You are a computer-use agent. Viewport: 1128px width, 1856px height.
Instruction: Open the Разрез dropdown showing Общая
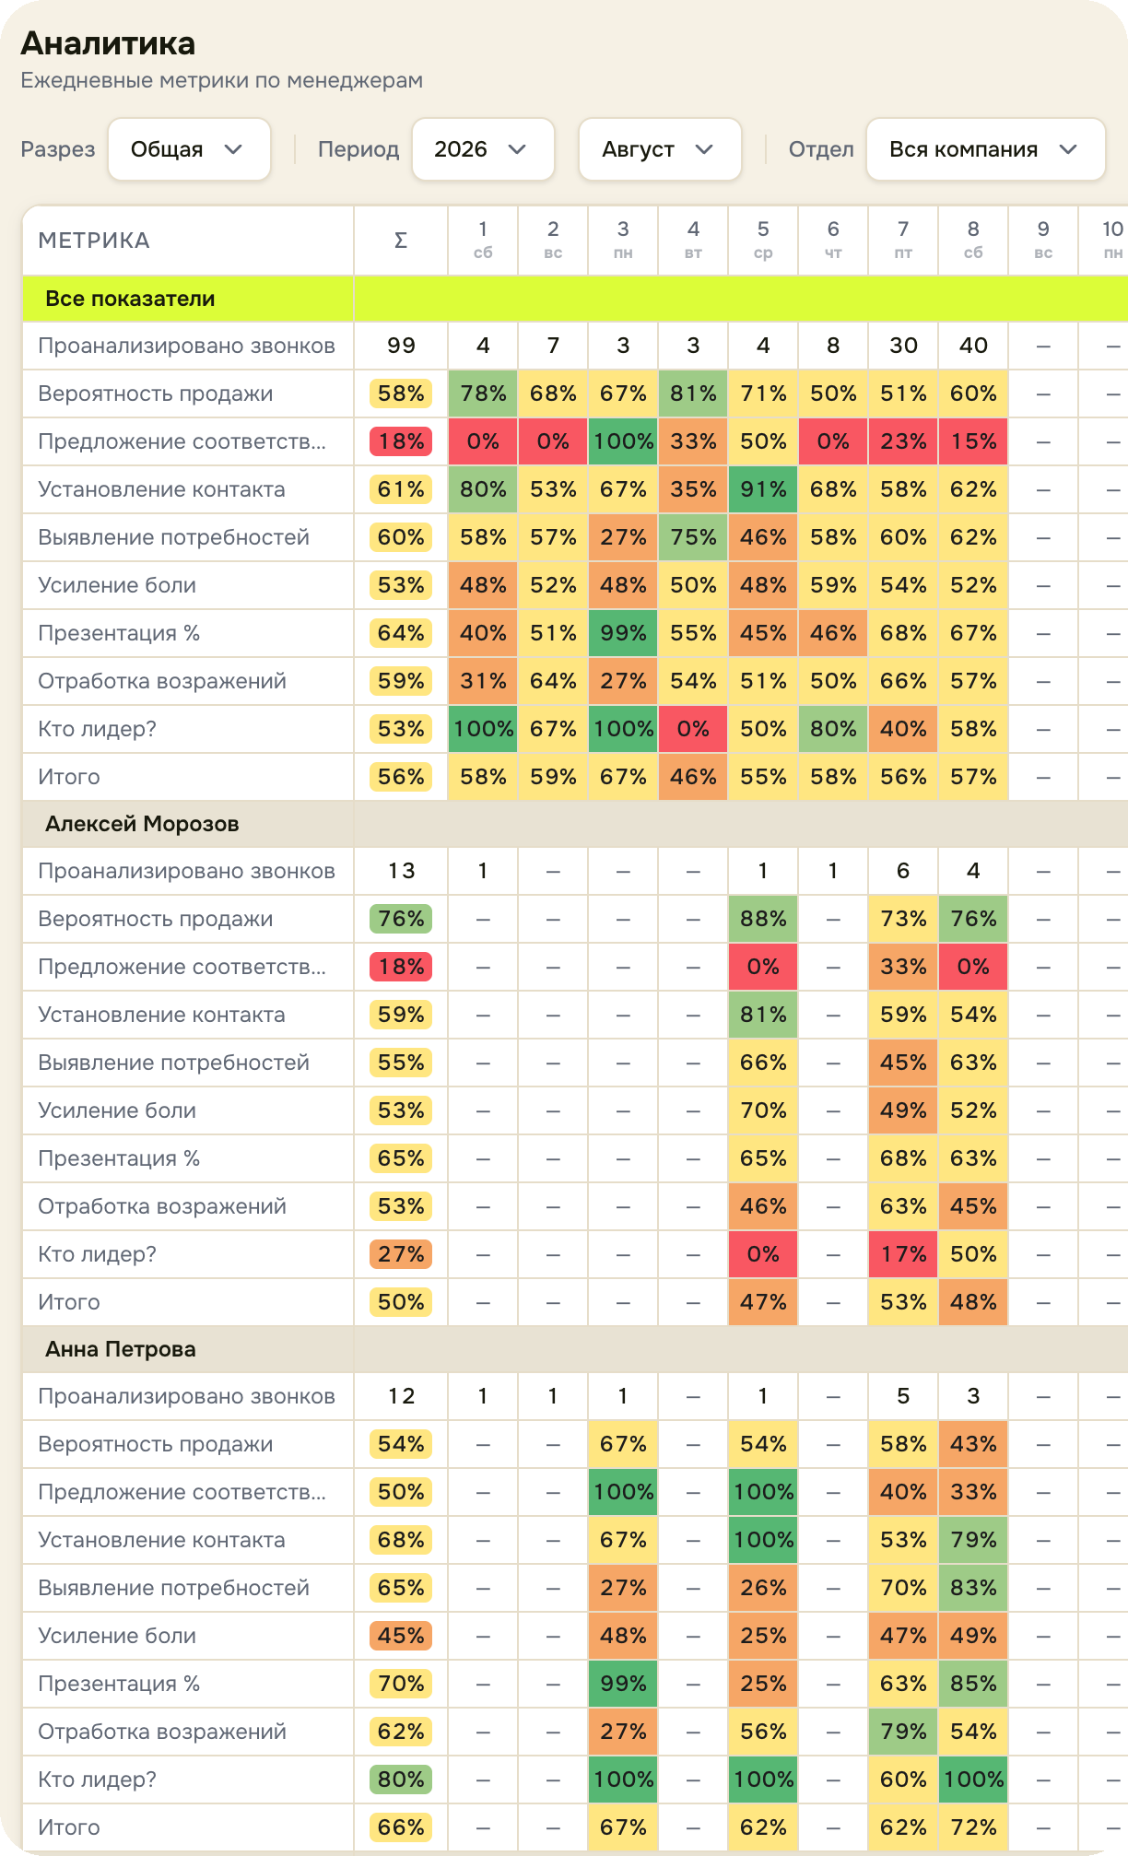189,149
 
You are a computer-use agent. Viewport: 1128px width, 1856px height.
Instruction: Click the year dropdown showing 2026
483,149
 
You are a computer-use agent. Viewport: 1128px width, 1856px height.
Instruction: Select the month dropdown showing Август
660,149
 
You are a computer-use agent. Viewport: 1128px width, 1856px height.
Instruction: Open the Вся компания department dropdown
985,149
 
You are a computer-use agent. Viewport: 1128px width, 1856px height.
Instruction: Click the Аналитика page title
108,43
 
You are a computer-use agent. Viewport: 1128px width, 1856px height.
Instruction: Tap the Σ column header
401,241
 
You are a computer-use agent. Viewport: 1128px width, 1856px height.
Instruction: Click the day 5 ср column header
763,240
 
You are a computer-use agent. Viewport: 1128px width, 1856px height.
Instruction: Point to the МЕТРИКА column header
94,241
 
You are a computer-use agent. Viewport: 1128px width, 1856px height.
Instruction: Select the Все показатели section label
130,299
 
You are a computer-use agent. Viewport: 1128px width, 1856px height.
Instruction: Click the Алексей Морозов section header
142,824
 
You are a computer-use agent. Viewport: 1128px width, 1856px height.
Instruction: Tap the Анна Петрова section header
121,1349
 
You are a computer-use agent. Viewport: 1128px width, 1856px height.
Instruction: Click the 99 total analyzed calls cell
401,346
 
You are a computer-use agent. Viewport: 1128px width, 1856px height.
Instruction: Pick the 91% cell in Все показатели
763,489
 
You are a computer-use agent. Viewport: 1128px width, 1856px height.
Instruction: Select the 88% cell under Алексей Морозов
763,919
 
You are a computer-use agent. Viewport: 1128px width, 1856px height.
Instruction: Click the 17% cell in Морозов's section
903,1254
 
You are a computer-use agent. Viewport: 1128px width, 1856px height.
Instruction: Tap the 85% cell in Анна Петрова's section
973,1684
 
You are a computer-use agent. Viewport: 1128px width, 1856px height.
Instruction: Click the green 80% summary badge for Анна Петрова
401,1780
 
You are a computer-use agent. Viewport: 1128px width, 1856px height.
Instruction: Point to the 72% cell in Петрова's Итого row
973,1827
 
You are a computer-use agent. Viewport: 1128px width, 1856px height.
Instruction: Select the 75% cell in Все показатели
693,537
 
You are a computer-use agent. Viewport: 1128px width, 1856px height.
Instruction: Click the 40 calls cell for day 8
973,346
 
